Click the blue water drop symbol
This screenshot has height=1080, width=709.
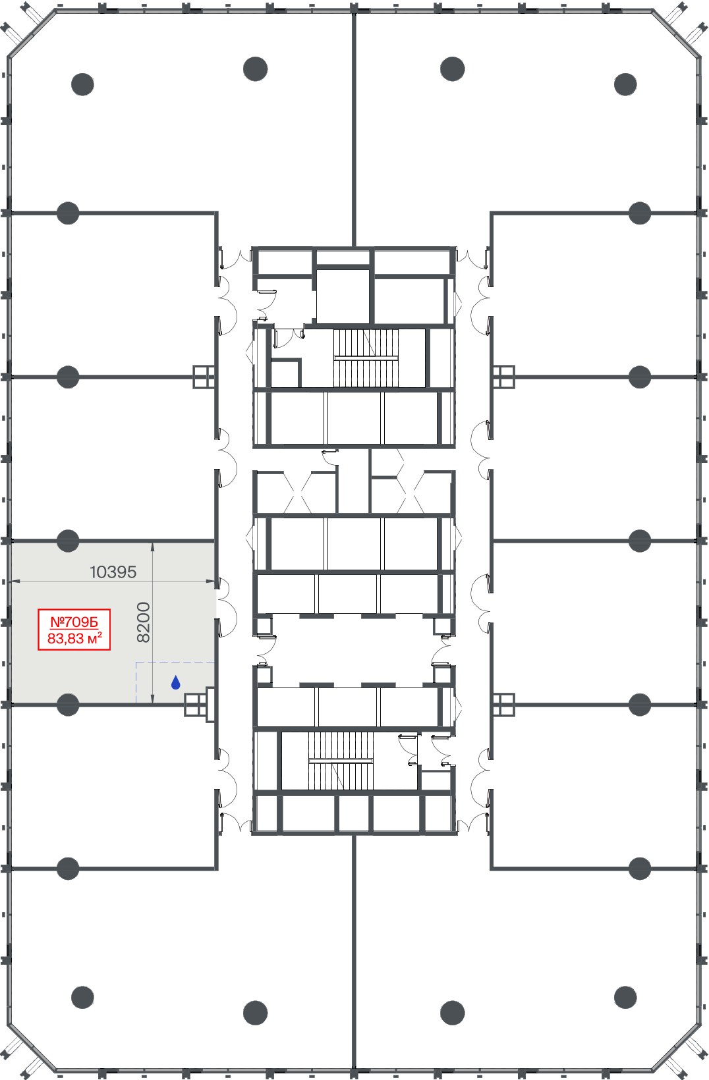click(x=175, y=682)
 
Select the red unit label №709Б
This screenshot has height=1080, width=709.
click(x=74, y=622)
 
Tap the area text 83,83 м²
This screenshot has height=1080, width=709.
click(x=74, y=638)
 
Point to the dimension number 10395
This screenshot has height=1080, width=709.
click(x=113, y=572)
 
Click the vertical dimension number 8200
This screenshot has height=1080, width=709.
click(x=144, y=622)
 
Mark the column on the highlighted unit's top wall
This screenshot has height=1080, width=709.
click(x=68, y=541)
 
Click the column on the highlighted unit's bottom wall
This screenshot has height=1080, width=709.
click(x=68, y=705)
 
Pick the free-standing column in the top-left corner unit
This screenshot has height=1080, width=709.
click(x=82, y=84)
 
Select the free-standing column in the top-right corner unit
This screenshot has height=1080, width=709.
click(x=625, y=84)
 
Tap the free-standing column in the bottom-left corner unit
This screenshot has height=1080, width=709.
click(x=82, y=997)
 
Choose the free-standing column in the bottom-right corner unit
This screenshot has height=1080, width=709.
click(x=625, y=997)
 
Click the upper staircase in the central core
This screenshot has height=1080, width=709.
click(x=366, y=358)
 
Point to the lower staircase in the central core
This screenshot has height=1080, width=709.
click(x=341, y=761)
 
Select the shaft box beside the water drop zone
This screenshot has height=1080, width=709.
click(x=195, y=705)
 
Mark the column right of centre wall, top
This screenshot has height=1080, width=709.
click(x=453, y=68)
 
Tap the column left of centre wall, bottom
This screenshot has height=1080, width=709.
click(x=255, y=1013)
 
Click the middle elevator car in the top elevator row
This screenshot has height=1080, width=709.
click(x=354, y=418)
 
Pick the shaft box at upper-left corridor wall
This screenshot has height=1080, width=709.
click(x=204, y=377)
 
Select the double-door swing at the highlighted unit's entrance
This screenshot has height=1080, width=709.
click(x=227, y=607)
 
